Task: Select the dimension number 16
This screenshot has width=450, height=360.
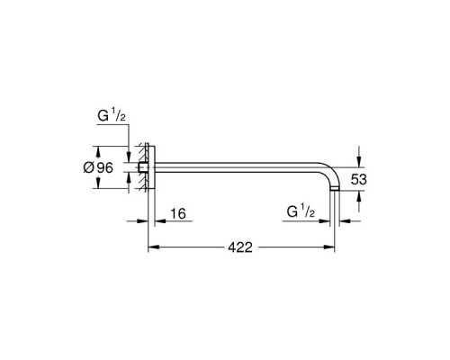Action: (178, 214)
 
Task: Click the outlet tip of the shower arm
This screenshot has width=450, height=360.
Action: (337, 192)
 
